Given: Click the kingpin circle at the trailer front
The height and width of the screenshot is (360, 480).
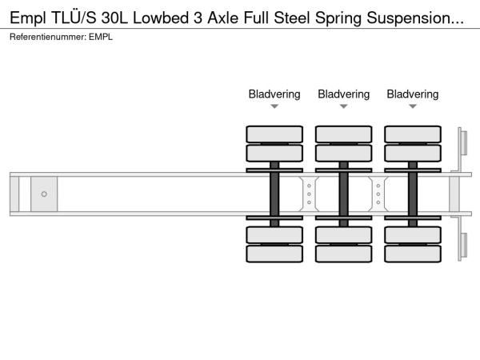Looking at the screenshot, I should click(44, 194).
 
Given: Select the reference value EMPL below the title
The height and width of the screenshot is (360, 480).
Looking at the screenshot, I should click(101, 37).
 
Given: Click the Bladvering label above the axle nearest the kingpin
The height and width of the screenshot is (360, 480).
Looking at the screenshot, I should click(274, 94).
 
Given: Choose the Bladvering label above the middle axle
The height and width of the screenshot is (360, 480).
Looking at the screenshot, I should click(343, 94).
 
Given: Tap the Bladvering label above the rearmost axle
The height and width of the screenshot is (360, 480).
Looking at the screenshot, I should click(413, 94).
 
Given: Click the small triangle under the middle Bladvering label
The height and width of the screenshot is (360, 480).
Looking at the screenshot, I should click(343, 106).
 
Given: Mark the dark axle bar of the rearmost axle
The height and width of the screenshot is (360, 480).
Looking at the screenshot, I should click(413, 194).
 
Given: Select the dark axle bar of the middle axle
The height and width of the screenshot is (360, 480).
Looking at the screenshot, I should click(343, 194).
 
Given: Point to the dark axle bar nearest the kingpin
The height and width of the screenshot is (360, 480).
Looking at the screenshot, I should click(274, 194).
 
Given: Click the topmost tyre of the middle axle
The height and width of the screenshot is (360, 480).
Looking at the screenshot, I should click(343, 134).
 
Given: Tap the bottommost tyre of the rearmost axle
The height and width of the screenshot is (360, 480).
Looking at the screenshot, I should click(413, 254).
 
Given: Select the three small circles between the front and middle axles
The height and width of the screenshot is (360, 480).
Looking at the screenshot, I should click(309, 194).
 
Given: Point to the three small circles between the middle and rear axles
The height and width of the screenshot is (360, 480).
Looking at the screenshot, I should click(378, 194).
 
